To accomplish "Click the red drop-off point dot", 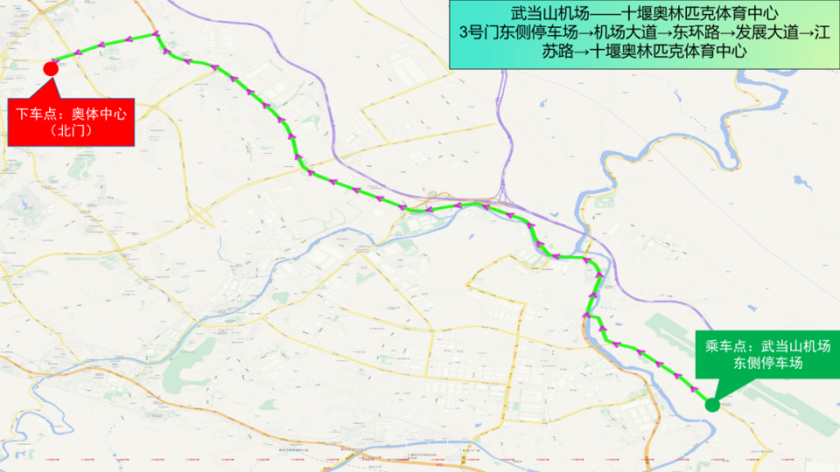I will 51,68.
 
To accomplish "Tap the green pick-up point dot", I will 712,404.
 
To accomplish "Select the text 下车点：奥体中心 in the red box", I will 71,114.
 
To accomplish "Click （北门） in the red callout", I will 71,132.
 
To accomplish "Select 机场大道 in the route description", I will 624,33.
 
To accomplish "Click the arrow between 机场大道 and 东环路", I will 662,33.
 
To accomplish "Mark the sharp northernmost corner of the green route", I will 157,34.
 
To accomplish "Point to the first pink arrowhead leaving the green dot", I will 694,389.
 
